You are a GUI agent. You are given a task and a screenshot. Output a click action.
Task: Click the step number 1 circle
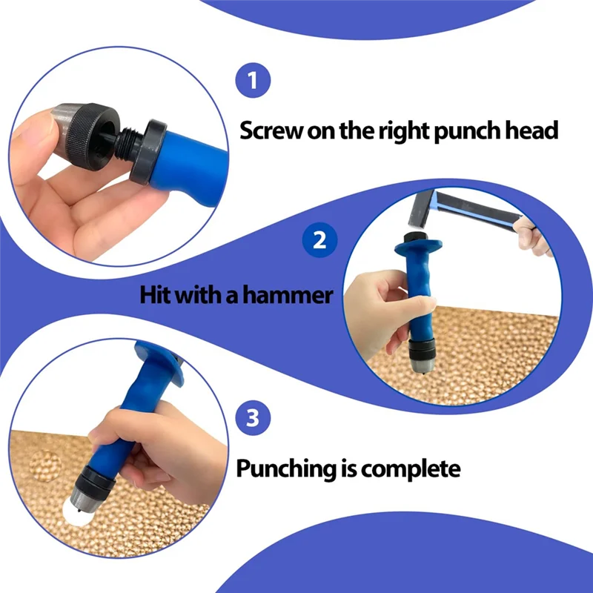(254, 81)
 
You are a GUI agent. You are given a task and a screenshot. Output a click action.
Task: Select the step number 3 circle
(253, 419)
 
